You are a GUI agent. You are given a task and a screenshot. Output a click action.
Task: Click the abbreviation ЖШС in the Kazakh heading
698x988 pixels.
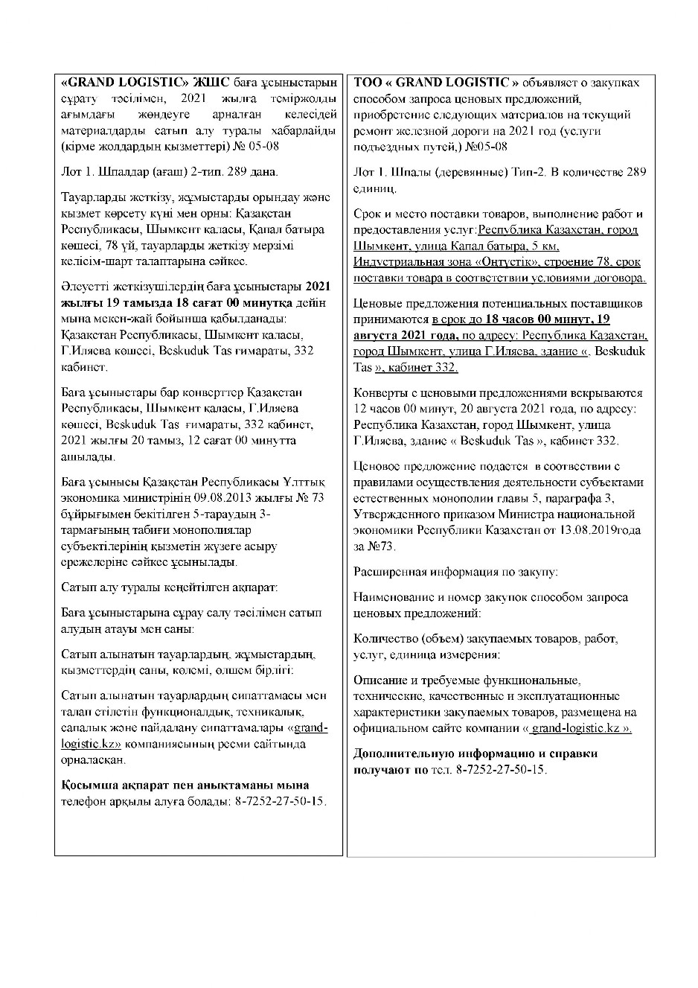click(x=210, y=82)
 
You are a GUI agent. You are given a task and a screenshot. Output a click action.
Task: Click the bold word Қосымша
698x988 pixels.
click(x=89, y=785)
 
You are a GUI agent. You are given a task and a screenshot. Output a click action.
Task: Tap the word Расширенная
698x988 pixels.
click(x=389, y=572)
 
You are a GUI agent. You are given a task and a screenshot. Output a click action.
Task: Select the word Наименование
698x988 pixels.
click(x=392, y=597)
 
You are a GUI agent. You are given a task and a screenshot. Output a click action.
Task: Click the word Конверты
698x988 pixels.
click(x=380, y=392)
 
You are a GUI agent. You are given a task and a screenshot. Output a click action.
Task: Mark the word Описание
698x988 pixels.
click(x=380, y=680)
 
